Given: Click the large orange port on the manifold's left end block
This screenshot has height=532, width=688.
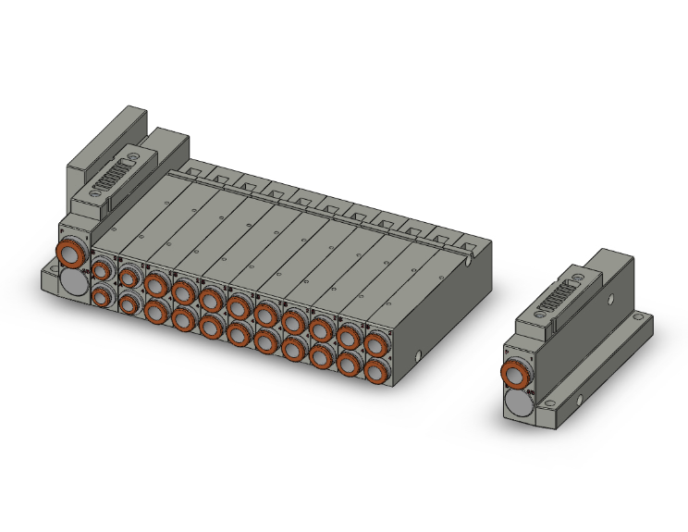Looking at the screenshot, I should [x=71, y=252].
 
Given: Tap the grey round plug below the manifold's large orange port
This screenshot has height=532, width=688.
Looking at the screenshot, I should [x=71, y=282].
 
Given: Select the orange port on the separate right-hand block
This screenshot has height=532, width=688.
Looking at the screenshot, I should [x=514, y=374].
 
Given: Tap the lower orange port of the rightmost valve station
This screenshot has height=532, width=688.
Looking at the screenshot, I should [x=375, y=372].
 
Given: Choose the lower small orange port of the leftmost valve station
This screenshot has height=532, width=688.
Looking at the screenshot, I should [x=102, y=297].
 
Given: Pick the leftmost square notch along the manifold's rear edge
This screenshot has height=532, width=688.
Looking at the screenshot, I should [x=192, y=170].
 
